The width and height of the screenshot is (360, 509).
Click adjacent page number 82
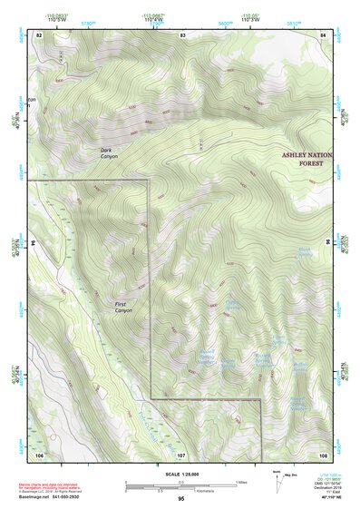39,34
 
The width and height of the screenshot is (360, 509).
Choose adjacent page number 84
323,34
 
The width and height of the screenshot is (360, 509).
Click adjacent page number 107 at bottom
181,453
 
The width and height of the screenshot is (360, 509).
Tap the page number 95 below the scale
181,499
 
